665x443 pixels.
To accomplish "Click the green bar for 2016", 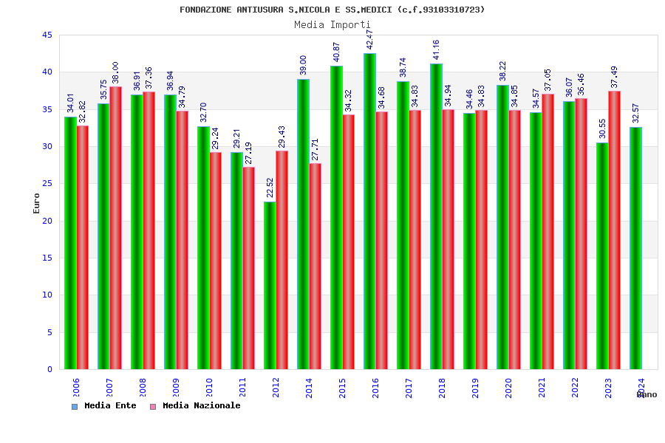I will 369,211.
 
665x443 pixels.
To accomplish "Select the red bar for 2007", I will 115,227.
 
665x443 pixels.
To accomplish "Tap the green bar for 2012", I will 270,285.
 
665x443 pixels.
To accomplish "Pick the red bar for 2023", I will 614,230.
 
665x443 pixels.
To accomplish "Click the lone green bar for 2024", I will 635,248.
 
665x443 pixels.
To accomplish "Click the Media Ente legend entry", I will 104,405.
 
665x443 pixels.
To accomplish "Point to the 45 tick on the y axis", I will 47,35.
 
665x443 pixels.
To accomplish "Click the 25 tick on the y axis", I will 47,184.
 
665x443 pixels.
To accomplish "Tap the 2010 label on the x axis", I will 209,388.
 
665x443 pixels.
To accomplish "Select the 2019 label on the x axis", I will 475,388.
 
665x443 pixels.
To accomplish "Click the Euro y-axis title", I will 37,203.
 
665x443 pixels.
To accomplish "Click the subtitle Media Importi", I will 332,24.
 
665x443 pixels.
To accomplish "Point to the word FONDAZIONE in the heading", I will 206,10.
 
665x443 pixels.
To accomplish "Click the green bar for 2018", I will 436,216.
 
